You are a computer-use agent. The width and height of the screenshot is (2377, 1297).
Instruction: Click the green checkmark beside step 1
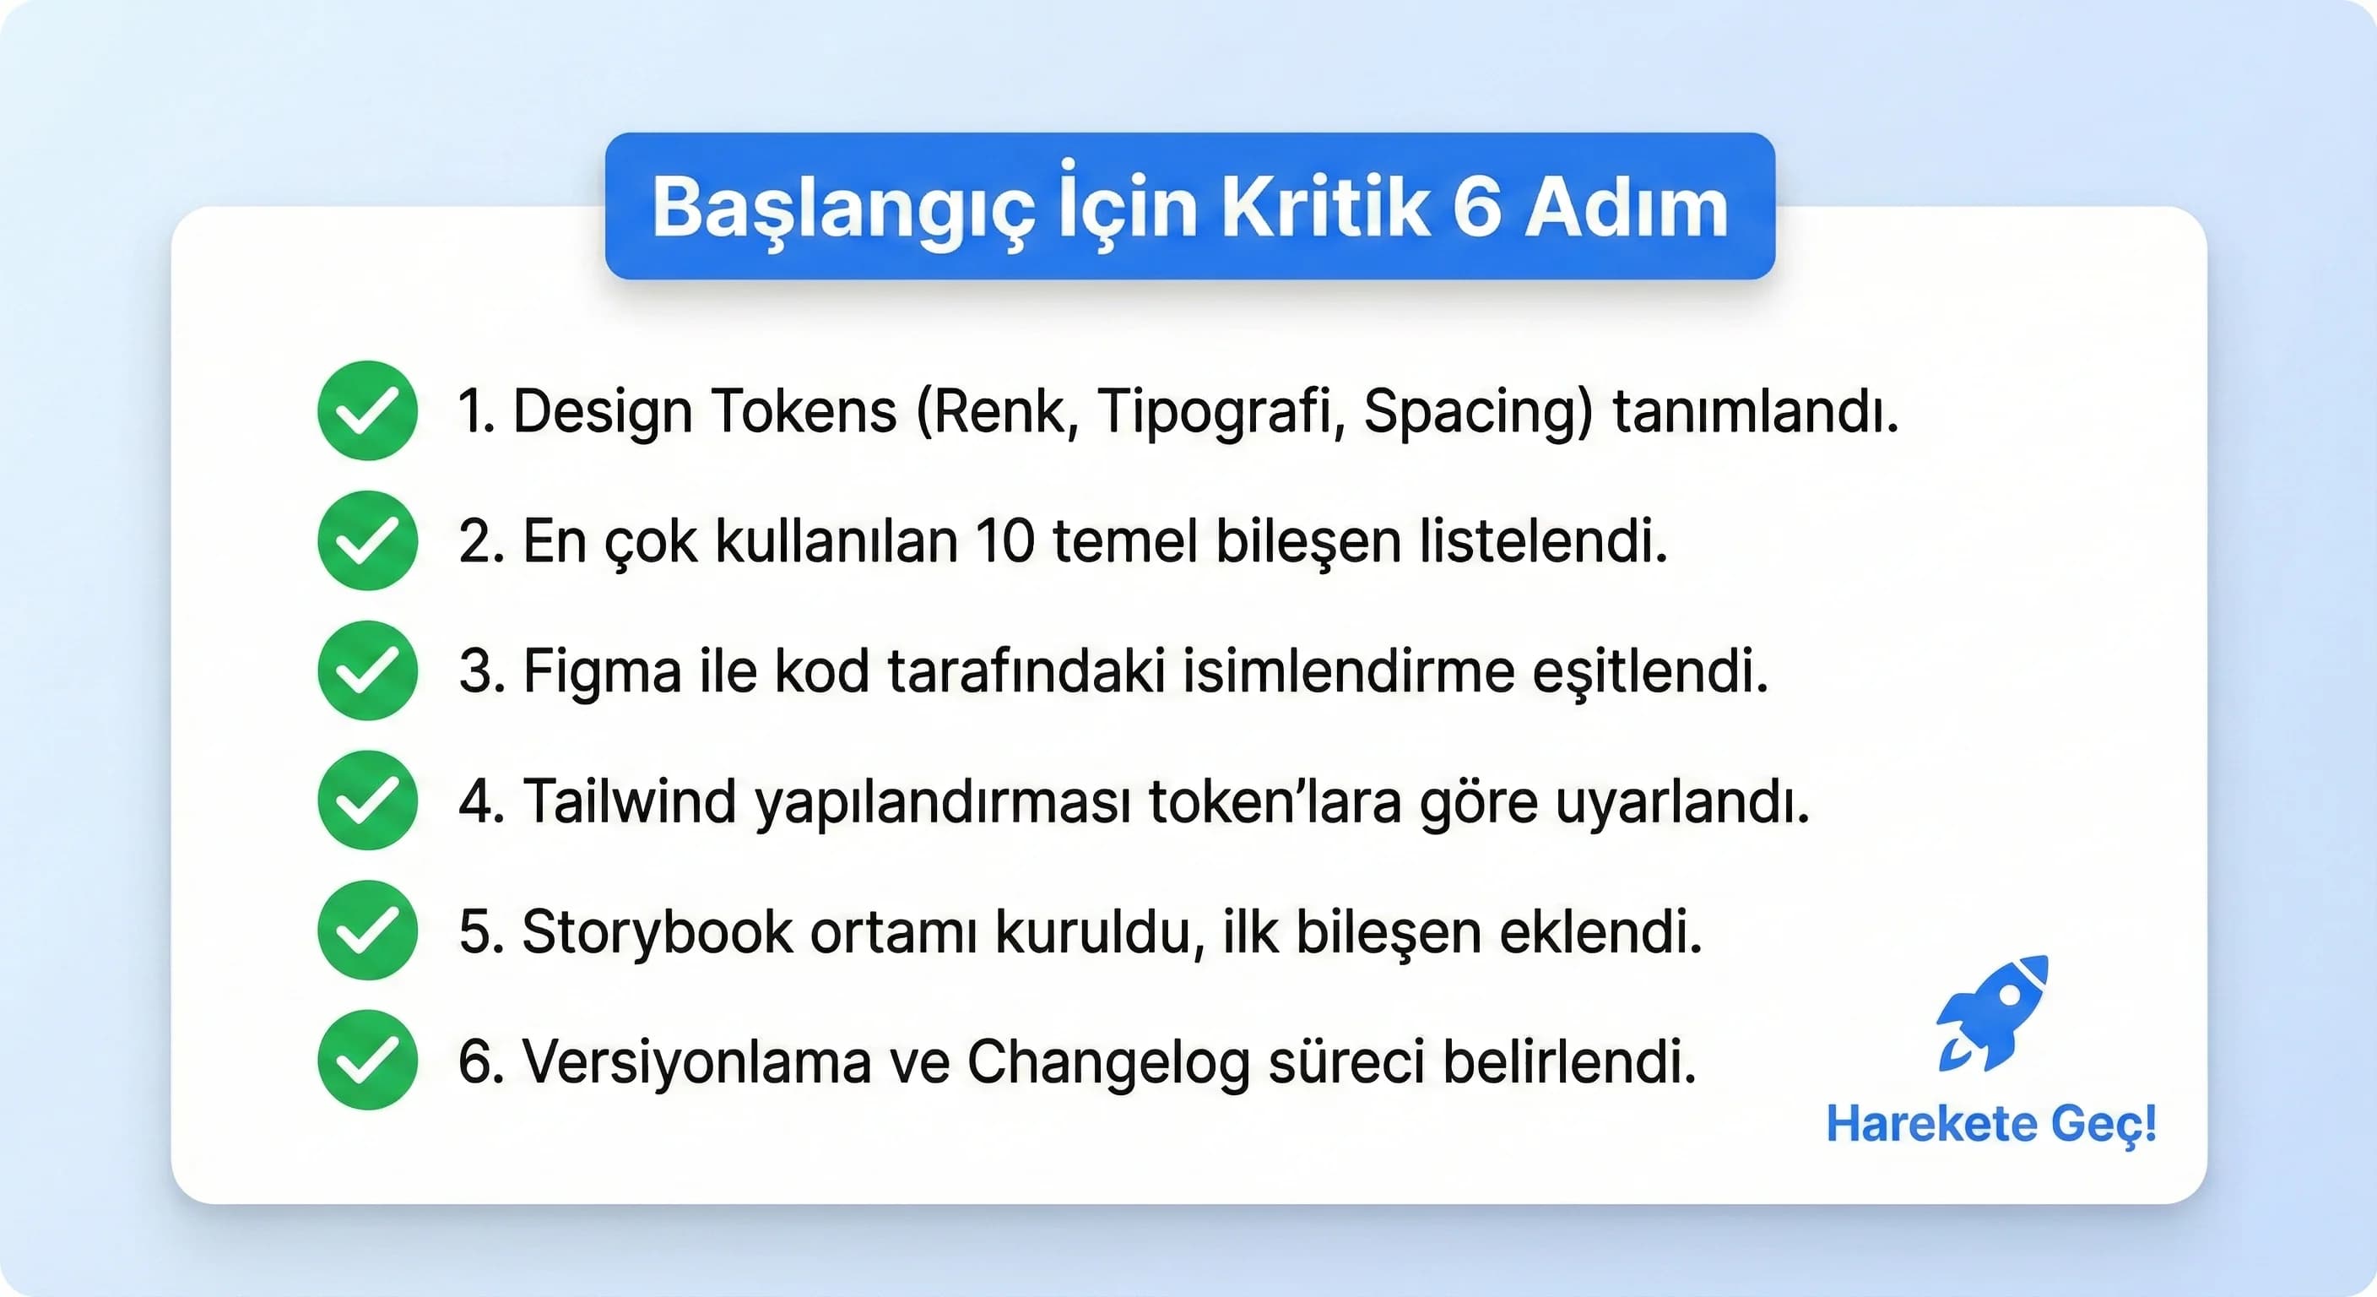367,410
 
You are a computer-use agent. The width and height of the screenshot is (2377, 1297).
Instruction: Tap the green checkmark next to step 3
367,670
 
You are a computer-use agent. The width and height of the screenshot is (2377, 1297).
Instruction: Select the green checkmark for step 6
367,1060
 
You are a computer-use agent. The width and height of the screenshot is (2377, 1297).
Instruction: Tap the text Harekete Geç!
1991,1125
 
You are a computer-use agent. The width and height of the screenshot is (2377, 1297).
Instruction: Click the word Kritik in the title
1325,208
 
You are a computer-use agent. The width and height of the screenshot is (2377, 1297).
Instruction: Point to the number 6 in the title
1476,208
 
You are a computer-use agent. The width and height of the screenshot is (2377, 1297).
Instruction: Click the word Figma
602,672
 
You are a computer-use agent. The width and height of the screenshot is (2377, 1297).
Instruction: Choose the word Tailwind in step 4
628,800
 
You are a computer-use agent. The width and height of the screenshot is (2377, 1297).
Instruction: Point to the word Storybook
657,931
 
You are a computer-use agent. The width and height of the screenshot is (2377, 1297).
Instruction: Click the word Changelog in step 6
1107,1062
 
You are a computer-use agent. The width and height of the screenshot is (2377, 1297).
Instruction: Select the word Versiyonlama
696,1061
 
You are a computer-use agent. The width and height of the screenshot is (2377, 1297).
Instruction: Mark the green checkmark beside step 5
367,931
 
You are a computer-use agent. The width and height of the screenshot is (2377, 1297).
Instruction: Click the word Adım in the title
1626,208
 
